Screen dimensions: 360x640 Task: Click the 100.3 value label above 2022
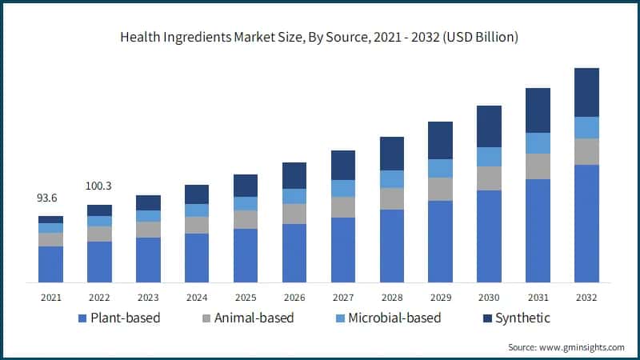click(99, 186)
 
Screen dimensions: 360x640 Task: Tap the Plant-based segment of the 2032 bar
click(586, 223)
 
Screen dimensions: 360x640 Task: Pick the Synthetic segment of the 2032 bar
click(586, 92)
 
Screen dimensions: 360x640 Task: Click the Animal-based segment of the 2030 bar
click(489, 178)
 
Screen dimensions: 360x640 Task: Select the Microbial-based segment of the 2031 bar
click(538, 143)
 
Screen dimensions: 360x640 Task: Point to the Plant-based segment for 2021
click(50, 264)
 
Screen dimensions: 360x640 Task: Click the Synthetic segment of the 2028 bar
click(391, 154)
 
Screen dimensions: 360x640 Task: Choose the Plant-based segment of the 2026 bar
click(294, 253)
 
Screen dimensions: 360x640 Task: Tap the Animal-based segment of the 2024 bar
click(197, 225)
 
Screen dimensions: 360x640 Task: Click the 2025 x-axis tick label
click(246, 298)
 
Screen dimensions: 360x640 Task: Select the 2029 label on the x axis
click(440, 298)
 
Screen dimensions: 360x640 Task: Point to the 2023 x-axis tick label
click(148, 298)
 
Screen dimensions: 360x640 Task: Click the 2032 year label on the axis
click(586, 298)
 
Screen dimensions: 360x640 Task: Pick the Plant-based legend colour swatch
click(82, 318)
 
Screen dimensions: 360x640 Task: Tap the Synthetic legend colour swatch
click(487, 318)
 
